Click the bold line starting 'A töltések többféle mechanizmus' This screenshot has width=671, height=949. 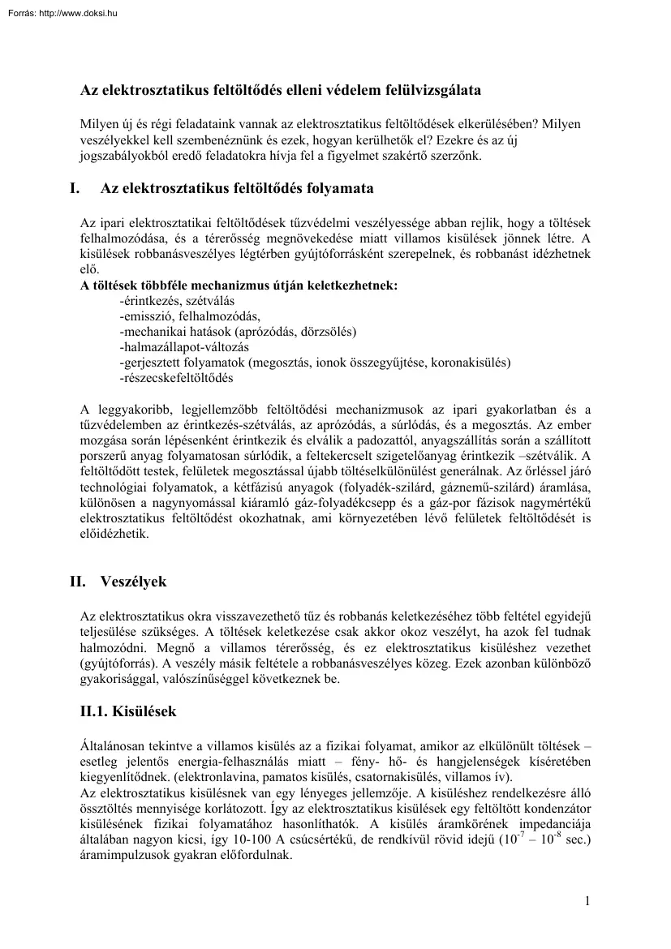[x=239, y=286]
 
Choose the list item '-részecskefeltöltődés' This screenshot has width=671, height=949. [x=176, y=378]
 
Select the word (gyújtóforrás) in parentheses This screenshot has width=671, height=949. [x=118, y=663]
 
